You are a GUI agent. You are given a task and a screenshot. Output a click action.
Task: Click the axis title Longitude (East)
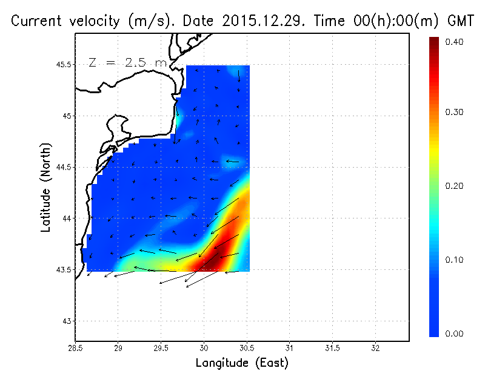coord(242,363)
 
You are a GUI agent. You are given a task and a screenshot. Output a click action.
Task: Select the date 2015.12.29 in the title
coord(256,21)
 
